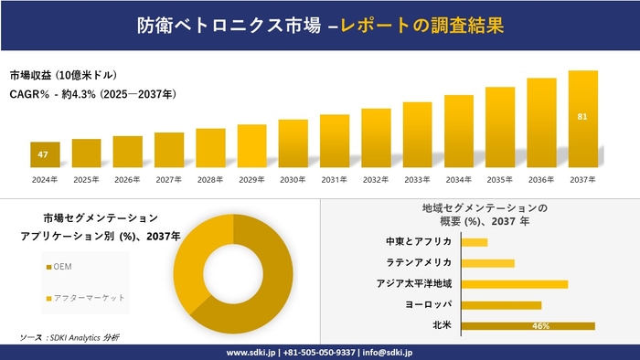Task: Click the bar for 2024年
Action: (45, 155)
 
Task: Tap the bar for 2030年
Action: (293, 144)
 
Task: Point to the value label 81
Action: (582, 117)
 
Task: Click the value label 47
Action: (44, 154)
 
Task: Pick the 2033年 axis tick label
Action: (417, 179)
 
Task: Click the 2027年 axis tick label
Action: (169, 179)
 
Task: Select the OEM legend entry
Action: (63, 266)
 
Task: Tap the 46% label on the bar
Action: (540, 326)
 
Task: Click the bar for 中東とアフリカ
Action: (475, 242)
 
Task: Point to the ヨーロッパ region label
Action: (426, 304)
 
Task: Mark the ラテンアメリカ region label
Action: (419, 262)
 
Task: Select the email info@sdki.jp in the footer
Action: (389, 352)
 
